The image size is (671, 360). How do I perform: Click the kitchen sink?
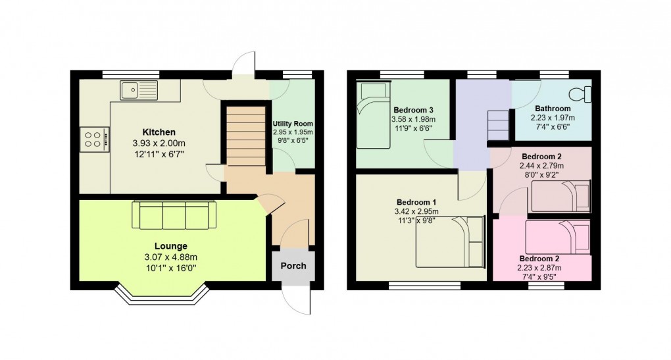click(x=139, y=90)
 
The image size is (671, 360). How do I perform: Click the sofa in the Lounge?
click(x=174, y=214)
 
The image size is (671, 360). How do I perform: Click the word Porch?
click(x=293, y=267)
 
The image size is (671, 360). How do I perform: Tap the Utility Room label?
click(x=293, y=124)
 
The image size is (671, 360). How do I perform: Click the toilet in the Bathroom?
click(x=581, y=93)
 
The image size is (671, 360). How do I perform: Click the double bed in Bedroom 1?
click(x=450, y=242)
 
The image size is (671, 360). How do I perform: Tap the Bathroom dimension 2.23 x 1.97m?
click(x=553, y=118)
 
